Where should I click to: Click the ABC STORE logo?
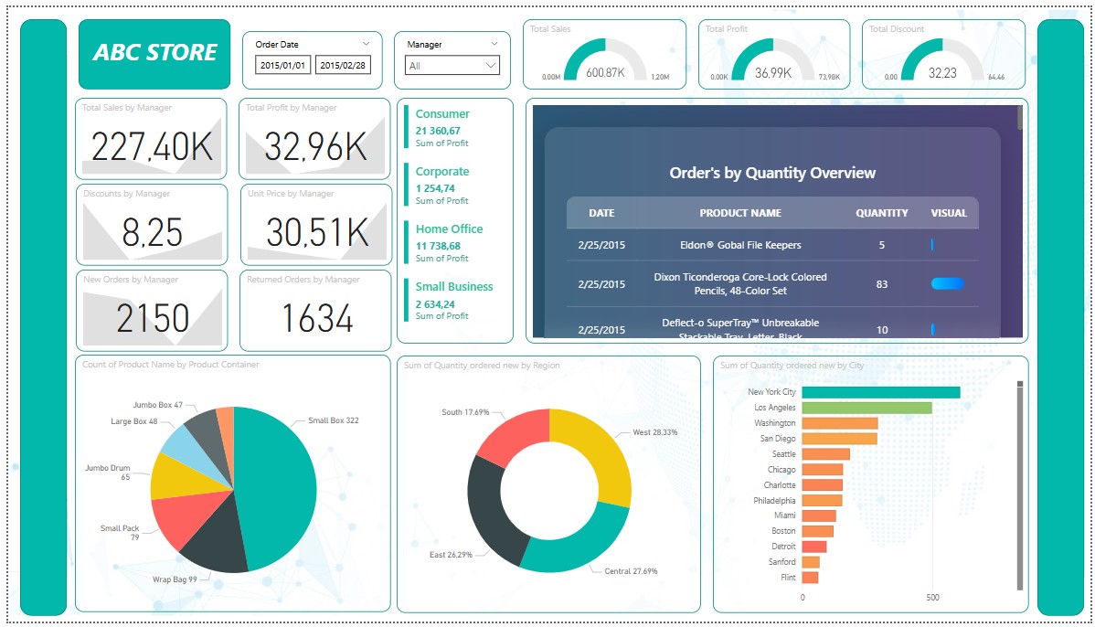pyautogui.click(x=154, y=53)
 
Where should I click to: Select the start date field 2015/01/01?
pyautogui.click(x=282, y=66)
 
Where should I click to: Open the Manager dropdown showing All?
pyautogui.click(x=452, y=66)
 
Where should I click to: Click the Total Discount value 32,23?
pyautogui.click(x=941, y=73)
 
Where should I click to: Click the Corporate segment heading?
pyautogui.click(x=442, y=172)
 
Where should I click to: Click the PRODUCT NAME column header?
pyautogui.click(x=740, y=213)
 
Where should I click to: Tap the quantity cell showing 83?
pyautogui.click(x=882, y=284)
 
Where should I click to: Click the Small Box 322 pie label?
pyautogui.click(x=333, y=420)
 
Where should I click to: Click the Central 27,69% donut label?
pyautogui.click(x=631, y=571)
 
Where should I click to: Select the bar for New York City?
pyautogui.click(x=881, y=392)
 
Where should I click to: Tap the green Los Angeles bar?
pyautogui.click(x=866, y=408)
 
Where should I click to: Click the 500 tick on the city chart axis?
pyautogui.click(x=931, y=598)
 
